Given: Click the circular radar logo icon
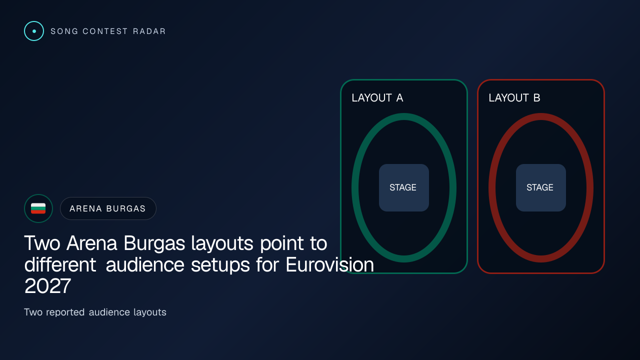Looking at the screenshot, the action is pyautogui.click(x=34, y=31).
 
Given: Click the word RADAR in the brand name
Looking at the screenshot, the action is pyautogui.click(x=149, y=31).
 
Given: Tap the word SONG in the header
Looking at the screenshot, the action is pyautogui.click(x=64, y=31).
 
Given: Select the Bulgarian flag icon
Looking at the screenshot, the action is pyautogui.click(x=38, y=208).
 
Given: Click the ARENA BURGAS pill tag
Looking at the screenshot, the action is pyautogui.click(x=108, y=208).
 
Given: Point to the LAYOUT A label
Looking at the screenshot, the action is pyautogui.click(x=377, y=98).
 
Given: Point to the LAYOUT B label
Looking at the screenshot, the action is pyautogui.click(x=514, y=98).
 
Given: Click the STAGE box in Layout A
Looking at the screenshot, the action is pyautogui.click(x=403, y=187).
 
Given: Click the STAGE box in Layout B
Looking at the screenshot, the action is pyautogui.click(x=541, y=187).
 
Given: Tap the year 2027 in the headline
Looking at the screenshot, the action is pyautogui.click(x=47, y=286).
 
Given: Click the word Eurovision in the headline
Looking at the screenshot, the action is pyautogui.click(x=329, y=264).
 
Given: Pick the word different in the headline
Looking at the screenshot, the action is pyautogui.click(x=60, y=264).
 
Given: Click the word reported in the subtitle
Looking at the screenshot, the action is pyautogui.click(x=65, y=312).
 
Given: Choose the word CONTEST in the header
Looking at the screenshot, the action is pyautogui.click(x=105, y=31).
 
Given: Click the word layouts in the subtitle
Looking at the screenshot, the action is pyautogui.click(x=149, y=312).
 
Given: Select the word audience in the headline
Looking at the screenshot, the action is pyautogui.click(x=145, y=264).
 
